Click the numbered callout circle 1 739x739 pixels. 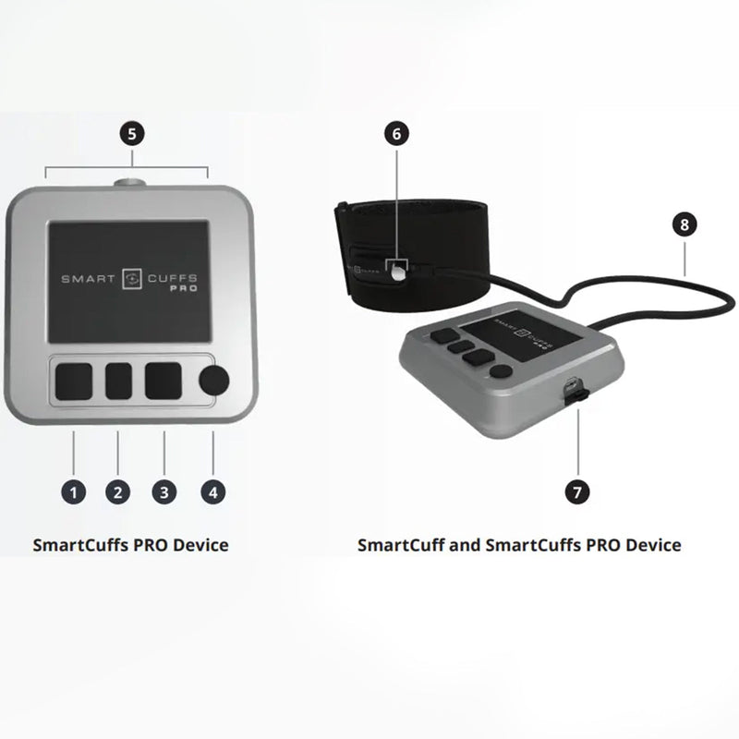tap(74, 492)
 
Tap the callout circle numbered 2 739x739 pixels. tap(117, 492)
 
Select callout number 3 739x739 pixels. tap(164, 492)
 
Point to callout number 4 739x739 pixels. tap(212, 492)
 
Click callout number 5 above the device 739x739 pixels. tap(131, 134)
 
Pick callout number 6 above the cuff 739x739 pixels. tap(396, 134)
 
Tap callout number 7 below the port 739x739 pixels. tap(578, 492)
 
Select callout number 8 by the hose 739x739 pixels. tap(684, 224)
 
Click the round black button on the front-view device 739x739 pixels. tap(215, 381)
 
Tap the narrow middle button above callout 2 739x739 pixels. tap(118, 381)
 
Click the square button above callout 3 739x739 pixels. tap(164, 381)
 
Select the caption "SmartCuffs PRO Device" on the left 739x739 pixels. tap(130, 544)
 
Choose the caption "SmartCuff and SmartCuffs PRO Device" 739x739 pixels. tap(519, 544)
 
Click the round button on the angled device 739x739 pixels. tap(500, 371)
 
